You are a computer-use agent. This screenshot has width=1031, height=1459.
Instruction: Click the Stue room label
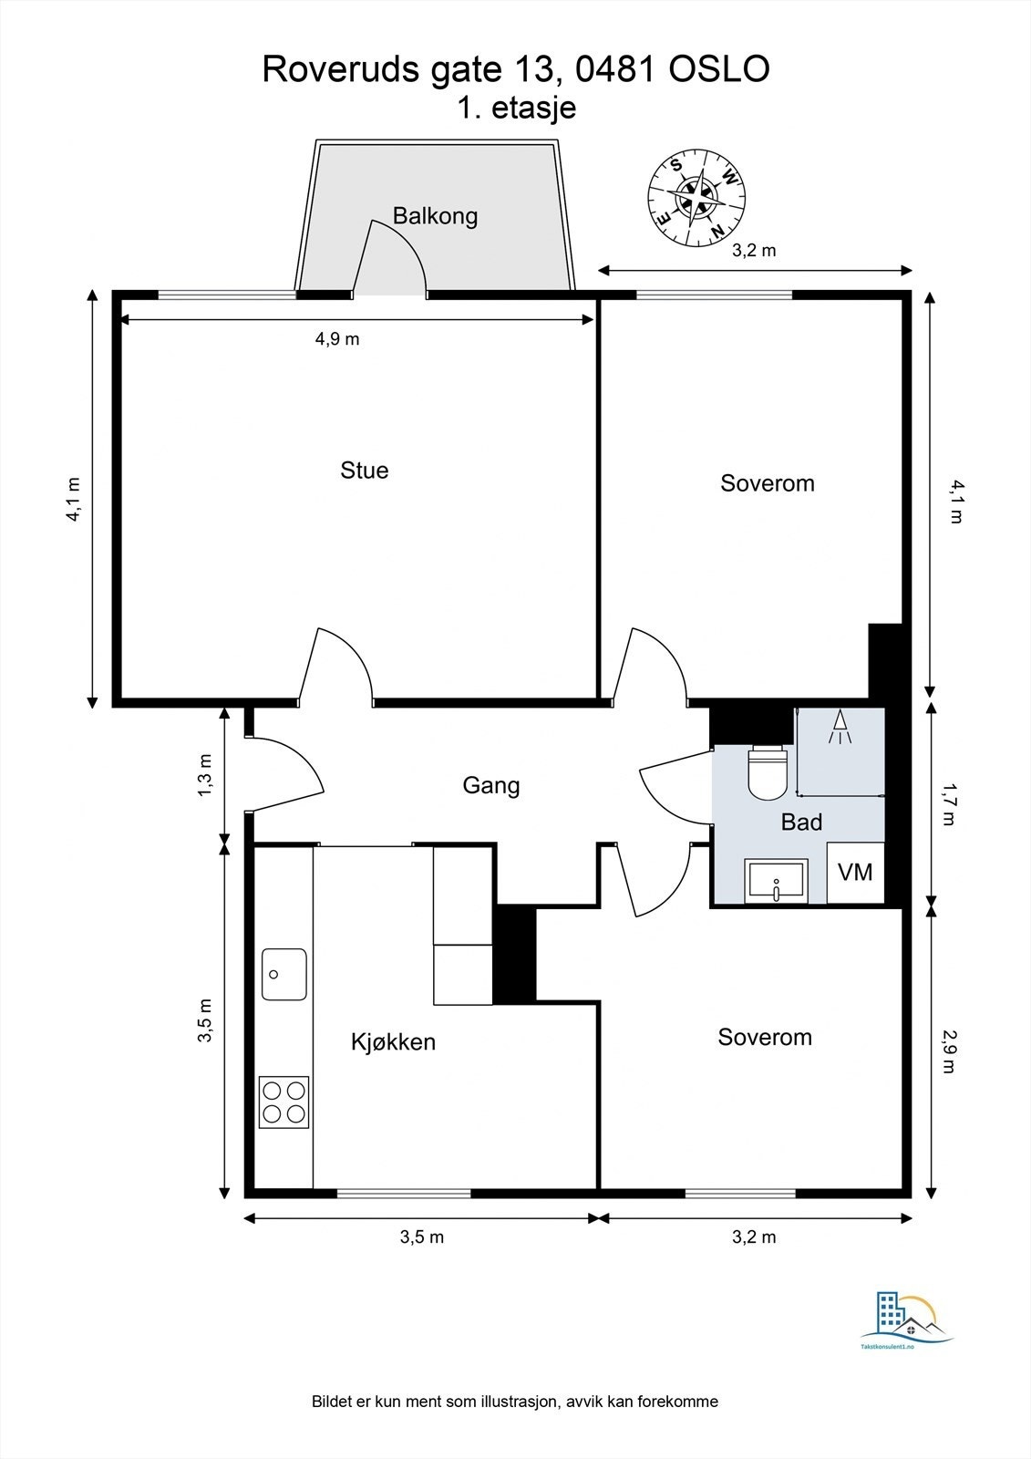(364, 471)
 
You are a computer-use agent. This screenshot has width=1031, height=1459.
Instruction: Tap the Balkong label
(435, 216)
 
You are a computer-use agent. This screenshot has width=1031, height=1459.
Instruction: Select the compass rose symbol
(696, 198)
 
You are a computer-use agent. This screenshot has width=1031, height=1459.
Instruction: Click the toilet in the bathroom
(767, 771)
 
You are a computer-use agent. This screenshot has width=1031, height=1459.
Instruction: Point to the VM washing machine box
(855, 873)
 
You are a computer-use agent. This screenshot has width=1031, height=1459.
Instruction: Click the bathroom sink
(776, 881)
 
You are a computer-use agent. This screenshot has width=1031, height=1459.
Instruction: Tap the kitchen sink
(284, 974)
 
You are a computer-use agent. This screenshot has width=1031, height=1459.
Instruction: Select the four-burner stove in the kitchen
(284, 1102)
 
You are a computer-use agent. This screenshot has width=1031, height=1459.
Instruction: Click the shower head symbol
(840, 728)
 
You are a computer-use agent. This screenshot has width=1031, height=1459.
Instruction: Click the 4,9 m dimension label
(337, 339)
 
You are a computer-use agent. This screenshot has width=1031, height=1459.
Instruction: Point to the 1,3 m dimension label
(205, 773)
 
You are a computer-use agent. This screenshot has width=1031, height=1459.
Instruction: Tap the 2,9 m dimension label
(949, 1050)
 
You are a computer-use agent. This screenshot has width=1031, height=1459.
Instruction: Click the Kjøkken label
(393, 1041)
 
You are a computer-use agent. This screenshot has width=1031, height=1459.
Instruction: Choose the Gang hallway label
(491, 785)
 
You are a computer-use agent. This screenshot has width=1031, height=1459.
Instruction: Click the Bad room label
(801, 823)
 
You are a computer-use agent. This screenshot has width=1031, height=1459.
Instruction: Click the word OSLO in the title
(720, 69)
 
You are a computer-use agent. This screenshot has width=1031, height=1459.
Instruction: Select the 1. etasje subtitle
(516, 108)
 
